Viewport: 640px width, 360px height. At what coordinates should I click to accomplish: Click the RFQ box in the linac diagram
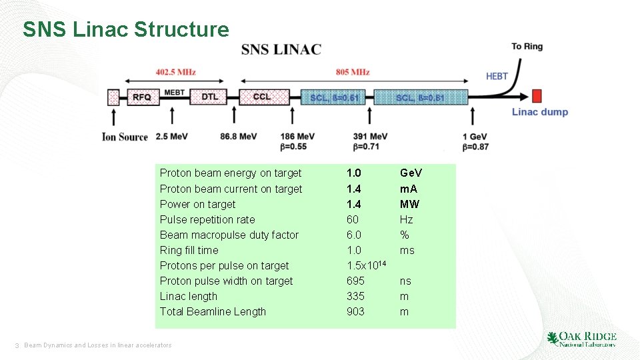pos(141,97)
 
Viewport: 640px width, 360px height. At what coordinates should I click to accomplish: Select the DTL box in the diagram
pos(209,97)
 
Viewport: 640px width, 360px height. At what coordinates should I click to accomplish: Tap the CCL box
pos(262,97)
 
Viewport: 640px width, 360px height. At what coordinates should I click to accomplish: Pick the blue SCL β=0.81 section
pos(420,98)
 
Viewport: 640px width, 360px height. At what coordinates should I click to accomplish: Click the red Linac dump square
pos(537,95)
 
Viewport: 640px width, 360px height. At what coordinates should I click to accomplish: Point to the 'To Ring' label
pos(527,47)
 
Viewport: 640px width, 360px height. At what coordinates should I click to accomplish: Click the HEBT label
pos(497,76)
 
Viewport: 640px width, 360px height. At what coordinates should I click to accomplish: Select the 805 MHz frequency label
pos(353,72)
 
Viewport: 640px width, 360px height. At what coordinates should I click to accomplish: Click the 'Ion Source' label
pos(125,137)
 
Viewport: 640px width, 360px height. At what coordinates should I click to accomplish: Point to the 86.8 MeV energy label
pos(238,137)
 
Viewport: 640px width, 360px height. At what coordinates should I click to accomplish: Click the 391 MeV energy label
pos(370,137)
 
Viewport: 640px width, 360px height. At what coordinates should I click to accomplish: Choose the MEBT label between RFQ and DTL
pos(174,92)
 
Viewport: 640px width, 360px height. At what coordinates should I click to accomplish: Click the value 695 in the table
pos(355,281)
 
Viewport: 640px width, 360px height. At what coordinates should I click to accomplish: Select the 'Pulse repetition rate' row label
pos(207,220)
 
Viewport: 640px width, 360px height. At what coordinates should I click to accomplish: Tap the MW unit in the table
pos(409,204)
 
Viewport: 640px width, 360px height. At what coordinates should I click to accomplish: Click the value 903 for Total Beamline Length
pos(355,312)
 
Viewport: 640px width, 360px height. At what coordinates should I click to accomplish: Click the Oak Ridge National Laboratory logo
pos(581,339)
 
